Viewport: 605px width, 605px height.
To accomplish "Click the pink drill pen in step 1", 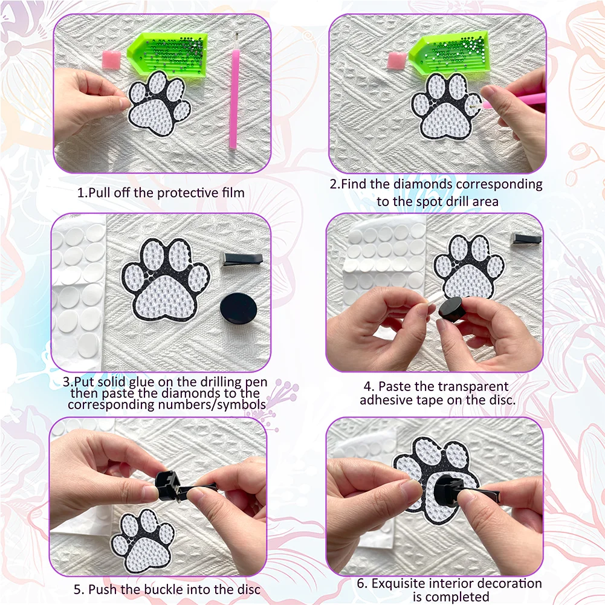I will (233, 100).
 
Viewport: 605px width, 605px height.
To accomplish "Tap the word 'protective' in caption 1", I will (189, 193).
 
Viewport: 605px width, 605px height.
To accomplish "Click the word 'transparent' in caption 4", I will (471, 386).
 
